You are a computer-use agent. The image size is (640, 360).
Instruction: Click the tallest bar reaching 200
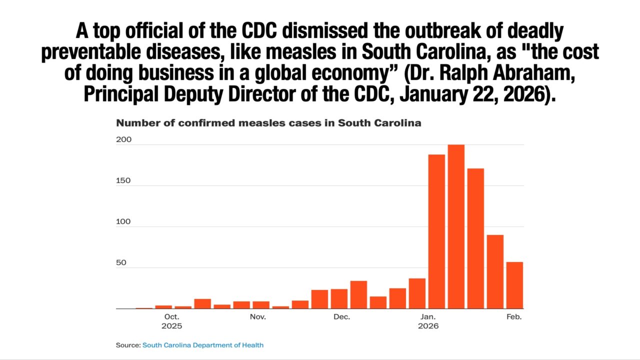coord(456,226)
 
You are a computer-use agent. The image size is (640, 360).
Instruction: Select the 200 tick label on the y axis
coord(123,139)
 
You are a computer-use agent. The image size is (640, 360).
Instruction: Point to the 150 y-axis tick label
coord(123,180)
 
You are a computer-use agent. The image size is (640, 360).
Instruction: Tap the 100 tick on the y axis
coord(123,221)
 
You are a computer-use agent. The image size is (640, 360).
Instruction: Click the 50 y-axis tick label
coord(121,262)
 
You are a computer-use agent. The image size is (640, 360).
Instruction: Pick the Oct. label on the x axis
coord(171,317)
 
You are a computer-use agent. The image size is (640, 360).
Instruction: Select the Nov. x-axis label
coord(258,317)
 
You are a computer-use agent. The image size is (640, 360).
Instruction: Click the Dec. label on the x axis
coord(342,317)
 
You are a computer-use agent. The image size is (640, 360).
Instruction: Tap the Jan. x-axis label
coord(428,317)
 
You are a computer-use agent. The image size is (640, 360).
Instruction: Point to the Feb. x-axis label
coord(514,317)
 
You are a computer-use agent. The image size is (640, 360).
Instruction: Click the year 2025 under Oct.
coord(171,326)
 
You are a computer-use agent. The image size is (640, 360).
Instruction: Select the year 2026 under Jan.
coord(428,326)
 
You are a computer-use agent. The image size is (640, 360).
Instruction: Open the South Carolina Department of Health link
coord(203,345)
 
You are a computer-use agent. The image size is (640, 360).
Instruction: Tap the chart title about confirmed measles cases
coord(268,123)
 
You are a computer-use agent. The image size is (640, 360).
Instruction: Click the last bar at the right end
coord(514,285)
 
